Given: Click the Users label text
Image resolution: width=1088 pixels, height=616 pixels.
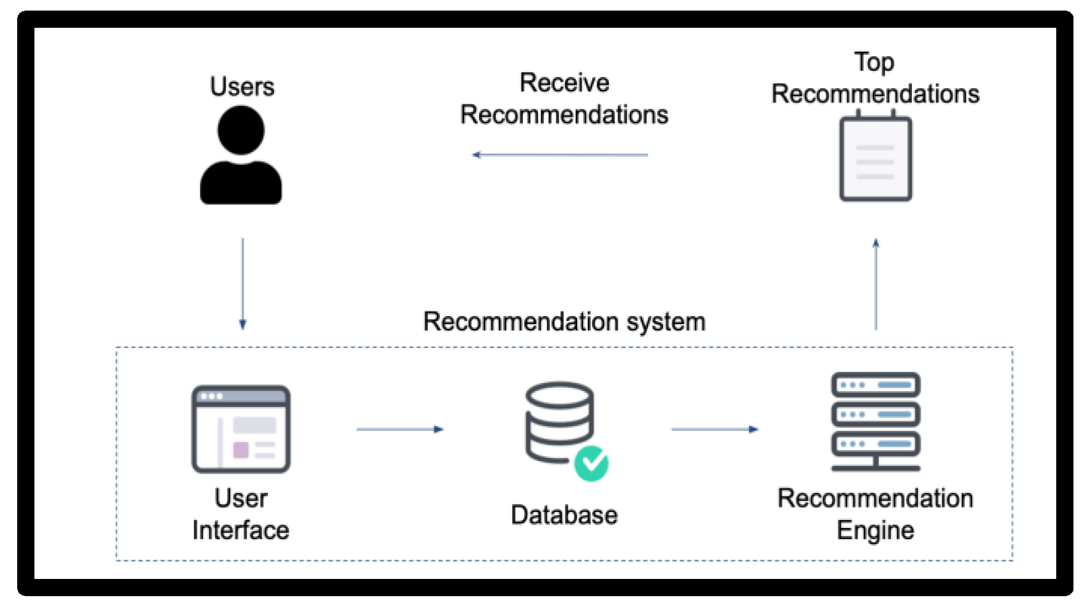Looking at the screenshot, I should click(242, 87).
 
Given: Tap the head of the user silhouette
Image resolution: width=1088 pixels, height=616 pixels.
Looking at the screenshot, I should click(241, 130).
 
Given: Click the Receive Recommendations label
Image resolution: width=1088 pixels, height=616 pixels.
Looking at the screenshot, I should click(564, 99).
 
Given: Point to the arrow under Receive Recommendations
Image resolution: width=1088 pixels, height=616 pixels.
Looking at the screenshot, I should click(560, 155).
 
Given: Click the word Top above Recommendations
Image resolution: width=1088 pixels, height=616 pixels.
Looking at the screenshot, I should click(874, 62).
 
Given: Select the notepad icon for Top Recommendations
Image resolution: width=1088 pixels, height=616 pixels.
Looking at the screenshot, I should click(875, 159).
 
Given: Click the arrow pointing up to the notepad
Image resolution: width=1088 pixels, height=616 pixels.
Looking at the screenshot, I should click(876, 284).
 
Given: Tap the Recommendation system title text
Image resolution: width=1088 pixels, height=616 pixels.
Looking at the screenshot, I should click(564, 322).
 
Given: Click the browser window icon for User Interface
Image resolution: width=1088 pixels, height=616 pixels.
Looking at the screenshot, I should click(241, 429).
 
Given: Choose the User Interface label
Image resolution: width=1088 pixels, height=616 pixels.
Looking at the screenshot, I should click(241, 514).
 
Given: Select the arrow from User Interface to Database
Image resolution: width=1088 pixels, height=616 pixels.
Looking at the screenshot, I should click(399, 429).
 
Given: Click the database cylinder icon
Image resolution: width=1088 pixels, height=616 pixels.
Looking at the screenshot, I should click(559, 421).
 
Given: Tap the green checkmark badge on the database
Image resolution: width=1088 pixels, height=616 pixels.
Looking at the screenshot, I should click(591, 463).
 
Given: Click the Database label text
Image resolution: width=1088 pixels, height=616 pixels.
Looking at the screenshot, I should click(564, 515).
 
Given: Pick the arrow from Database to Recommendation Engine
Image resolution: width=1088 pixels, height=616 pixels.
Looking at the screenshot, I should click(714, 429).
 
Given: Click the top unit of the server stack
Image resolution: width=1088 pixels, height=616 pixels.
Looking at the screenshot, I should click(875, 384).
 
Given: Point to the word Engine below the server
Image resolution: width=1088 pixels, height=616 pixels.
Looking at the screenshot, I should click(875, 531).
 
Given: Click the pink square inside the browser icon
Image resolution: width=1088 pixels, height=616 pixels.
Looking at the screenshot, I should click(241, 450).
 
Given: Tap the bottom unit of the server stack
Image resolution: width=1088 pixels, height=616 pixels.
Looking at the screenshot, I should click(875, 443).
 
